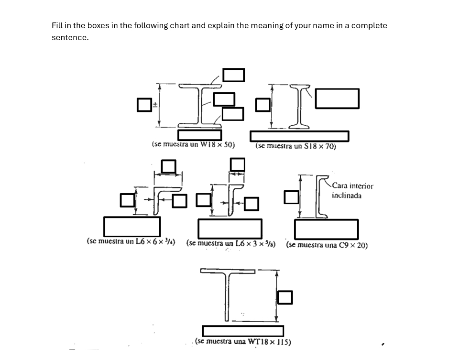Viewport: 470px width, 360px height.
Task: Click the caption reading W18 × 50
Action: [x=193, y=144]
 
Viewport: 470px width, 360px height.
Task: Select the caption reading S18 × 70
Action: [x=295, y=146]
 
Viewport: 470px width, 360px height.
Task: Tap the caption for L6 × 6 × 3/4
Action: [x=131, y=241]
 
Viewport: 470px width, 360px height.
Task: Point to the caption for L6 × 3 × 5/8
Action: [x=230, y=243]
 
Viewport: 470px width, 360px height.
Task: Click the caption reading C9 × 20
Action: [x=327, y=245]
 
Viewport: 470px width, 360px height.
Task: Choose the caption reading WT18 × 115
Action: [x=243, y=342]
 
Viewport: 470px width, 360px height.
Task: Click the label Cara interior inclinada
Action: [x=352, y=190]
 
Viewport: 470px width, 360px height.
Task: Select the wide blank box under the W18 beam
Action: [x=199, y=135]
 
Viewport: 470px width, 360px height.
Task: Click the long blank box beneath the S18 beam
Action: [x=299, y=136]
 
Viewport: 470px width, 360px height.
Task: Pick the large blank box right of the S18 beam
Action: [x=337, y=98]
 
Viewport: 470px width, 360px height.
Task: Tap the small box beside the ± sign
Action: [x=144, y=105]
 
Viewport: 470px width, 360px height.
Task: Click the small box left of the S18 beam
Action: [x=262, y=105]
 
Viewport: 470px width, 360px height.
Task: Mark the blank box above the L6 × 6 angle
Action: [x=168, y=166]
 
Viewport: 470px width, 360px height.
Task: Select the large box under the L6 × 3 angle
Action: [x=230, y=229]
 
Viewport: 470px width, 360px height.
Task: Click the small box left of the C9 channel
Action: [x=291, y=196]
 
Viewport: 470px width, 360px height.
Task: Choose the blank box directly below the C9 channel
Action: [x=326, y=229]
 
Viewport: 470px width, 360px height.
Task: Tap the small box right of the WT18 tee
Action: [x=285, y=297]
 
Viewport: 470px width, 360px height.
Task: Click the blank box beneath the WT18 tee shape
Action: [x=243, y=331]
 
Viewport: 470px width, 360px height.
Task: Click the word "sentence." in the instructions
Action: [x=70, y=37]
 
